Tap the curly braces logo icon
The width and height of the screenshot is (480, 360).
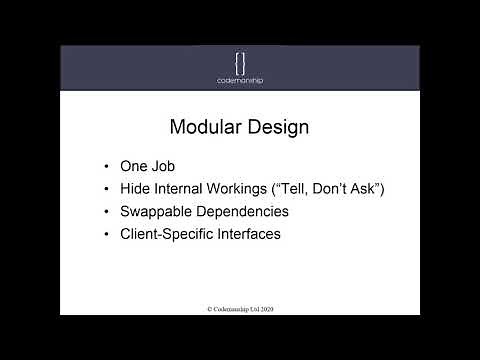[240, 60]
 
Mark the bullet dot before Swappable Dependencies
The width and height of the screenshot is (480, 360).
[107, 212]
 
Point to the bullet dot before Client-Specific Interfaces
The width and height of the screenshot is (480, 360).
[107, 234]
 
